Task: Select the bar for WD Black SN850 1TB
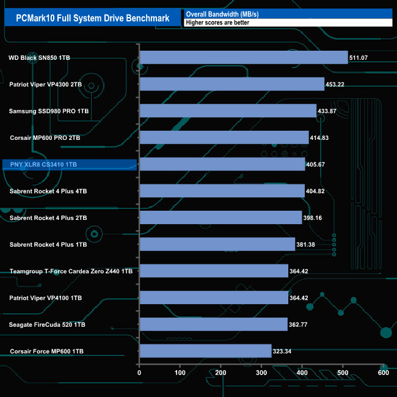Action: click(243, 57)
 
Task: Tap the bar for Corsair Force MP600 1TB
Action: click(205, 351)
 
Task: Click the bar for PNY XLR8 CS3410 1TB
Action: click(222, 164)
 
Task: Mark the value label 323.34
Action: click(284, 351)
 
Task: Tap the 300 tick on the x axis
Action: click(261, 373)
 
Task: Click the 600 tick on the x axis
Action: click(383, 373)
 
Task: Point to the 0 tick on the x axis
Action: click(140, 373)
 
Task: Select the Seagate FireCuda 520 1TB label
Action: click(48, 325)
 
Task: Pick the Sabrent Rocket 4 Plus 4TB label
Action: click(48, 191)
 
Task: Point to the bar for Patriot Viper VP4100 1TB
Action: click(214, 297)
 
